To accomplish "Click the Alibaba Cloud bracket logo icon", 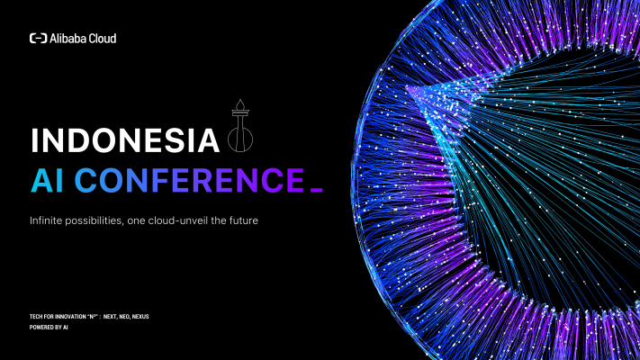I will [39, 39].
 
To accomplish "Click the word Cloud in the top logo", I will [103, 39].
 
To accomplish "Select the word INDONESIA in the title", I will [125, 142].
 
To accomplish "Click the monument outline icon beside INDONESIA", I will [239, 130].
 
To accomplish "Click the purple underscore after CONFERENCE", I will [315, 190].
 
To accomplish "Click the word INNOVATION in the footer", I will [73, 318].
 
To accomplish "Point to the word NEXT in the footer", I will [111, 318].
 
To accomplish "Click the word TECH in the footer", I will [36, 318].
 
